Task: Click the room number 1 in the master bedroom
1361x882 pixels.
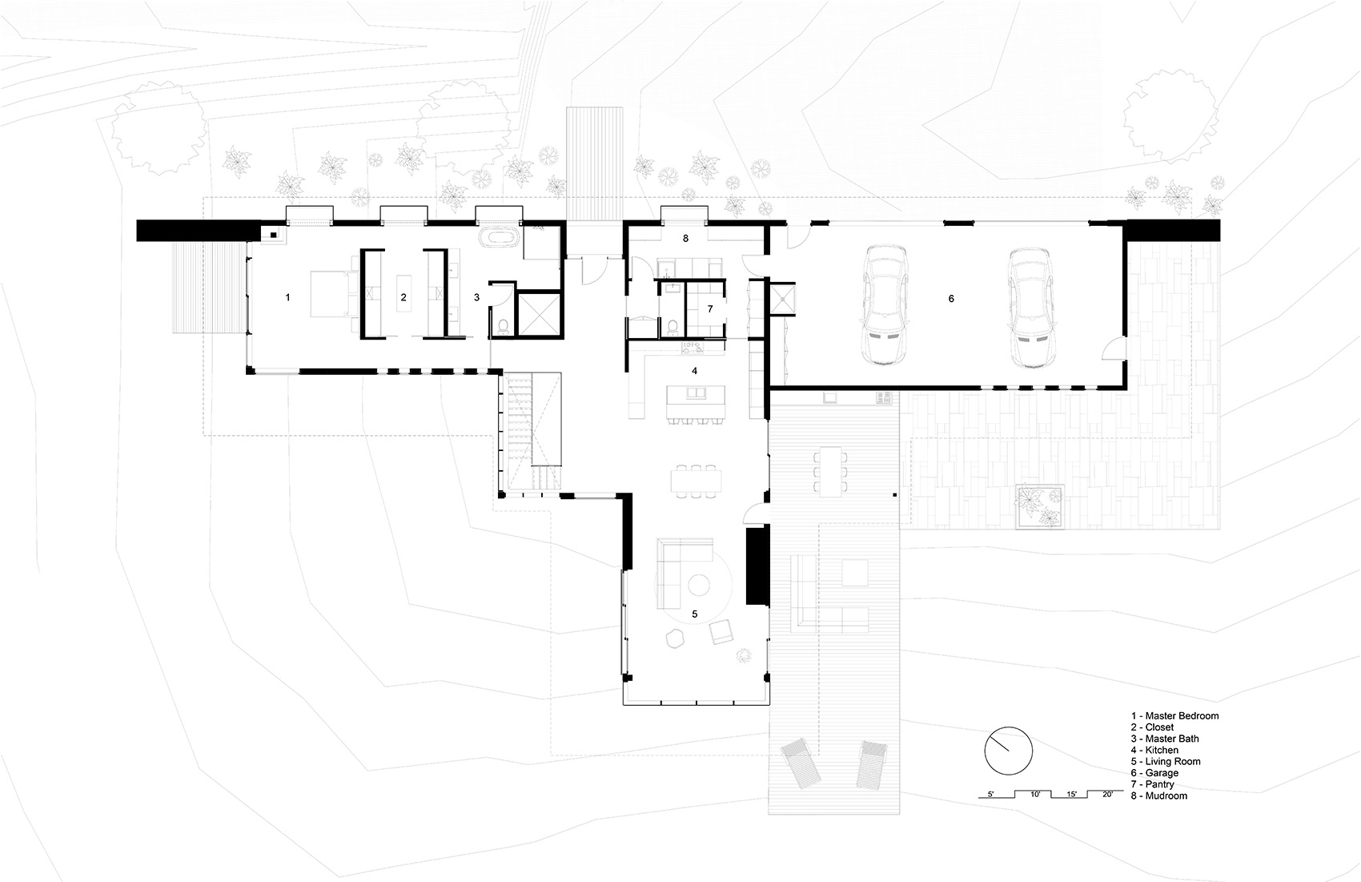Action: click(287, 297)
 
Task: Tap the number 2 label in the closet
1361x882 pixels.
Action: click(403, 297)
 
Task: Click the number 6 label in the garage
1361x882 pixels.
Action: click(951, 299)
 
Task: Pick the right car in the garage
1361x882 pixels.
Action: click(1030, 308)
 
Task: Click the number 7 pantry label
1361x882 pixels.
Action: click(710, 308)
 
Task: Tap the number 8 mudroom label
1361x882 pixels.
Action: click(685, 238)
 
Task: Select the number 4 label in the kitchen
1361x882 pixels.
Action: click(694, 371)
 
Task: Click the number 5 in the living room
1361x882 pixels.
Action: click(694, 614)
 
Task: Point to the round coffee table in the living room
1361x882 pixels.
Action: click(699, 586)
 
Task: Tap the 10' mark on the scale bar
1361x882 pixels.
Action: click(1035, 794)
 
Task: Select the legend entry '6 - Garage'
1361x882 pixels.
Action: click(1154, 772)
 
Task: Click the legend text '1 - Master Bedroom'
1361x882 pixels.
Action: click(1174, 715)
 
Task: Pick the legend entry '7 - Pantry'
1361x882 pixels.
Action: click(1152, 784)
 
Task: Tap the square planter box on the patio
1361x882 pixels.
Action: click(1040, 506)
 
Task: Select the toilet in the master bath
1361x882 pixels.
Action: click(503, 326)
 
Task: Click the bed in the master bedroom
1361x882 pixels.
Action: click(329, 295)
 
